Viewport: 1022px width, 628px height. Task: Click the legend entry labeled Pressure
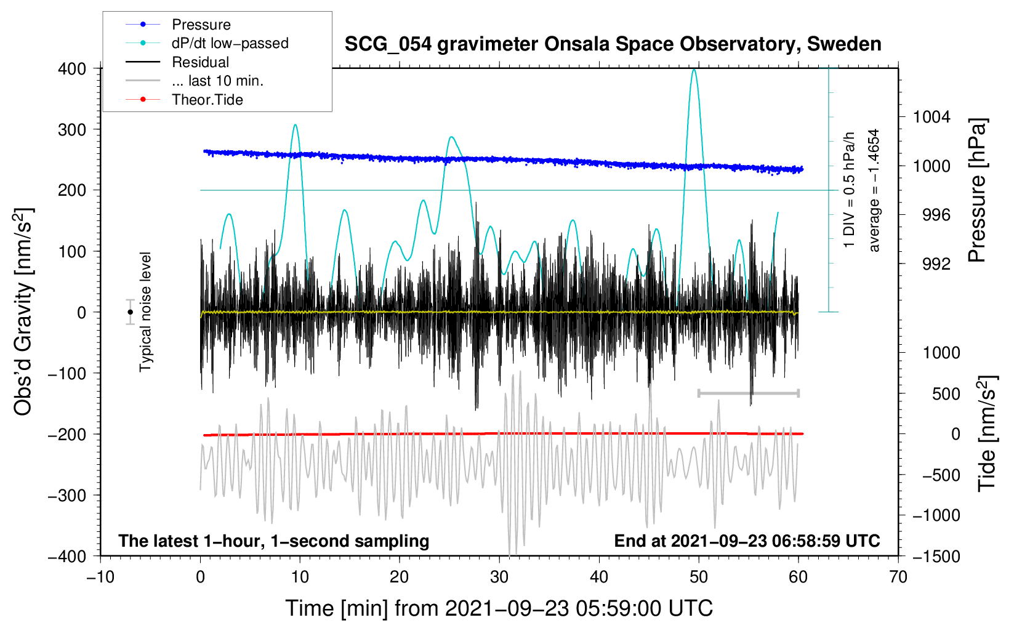[x=178, y=24]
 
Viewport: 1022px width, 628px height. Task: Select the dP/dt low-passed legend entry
[x=207, y=43]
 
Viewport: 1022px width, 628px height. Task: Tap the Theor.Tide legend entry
[x=184, y=100]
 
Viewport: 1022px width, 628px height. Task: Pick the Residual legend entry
[x=177, y=62]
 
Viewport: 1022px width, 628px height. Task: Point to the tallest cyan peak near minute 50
[x=694, y=70]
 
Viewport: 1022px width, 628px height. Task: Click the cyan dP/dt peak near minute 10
[x=295, y=124]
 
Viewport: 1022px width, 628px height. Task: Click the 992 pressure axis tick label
[x=936, y=264]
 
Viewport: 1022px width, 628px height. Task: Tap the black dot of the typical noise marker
[x=130, y=312]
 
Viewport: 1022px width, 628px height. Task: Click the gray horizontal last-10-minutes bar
[x=748, y=393]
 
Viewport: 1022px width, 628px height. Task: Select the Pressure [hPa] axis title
[x=977, y=190]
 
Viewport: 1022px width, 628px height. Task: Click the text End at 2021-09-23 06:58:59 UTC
[x=747, y=541]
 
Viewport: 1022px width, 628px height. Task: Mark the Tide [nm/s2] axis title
[x=988, y=433]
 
